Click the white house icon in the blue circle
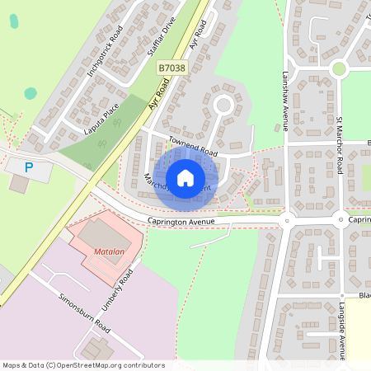tap(185, 177)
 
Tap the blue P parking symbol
tap(29, 167)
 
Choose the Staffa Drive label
tap(162, 38)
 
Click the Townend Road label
tap(193, 148)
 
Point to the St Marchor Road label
tap(339, 145)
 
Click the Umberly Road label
tap(117, 289)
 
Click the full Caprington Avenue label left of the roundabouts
tap(181, 221)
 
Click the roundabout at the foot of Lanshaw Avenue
tap(287, 220)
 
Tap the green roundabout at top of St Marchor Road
tap(338, 70)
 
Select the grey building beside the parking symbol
tap(18, 184)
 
